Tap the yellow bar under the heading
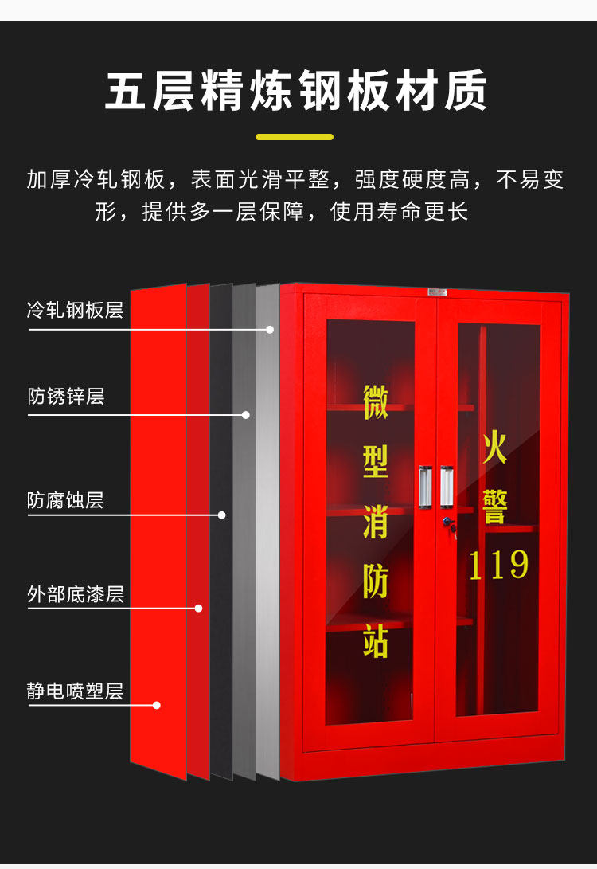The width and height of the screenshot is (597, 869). point(295,137)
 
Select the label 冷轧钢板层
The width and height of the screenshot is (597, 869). point(75,310)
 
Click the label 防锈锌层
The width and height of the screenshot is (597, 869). point(66,396)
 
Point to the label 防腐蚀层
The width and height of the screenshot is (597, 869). point(66,500)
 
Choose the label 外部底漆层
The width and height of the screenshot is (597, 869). point(76,594)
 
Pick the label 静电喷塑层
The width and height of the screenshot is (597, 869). point(76,691)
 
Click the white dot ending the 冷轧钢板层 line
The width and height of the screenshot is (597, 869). point(270,329)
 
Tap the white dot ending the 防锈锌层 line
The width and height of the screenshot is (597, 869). point(246,415)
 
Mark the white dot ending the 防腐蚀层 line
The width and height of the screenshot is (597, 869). point(222,515)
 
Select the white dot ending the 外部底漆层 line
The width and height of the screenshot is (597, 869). point(198,609)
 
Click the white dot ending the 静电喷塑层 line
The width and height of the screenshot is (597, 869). point(157,705)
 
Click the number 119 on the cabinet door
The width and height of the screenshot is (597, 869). point(498,565)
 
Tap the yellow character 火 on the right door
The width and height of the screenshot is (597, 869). point(494,450)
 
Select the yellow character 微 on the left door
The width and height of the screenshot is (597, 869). point(376,403)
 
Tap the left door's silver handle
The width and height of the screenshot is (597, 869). point(425,486)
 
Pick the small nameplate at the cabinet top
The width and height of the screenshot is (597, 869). point(437,292)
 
